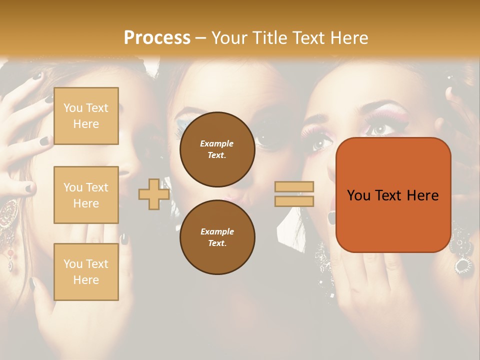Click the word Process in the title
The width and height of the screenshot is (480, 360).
tap(157, 37)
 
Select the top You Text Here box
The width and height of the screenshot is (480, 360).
tap(86, 116)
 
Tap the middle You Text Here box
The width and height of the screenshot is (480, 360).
tap(86, 195)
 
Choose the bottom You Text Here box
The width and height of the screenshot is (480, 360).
tap(86, 271)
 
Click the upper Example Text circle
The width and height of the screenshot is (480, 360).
tap(217, 149)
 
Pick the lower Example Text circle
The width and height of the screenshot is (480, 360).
tap(217, 237)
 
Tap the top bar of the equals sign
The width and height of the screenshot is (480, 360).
tap(294, 186)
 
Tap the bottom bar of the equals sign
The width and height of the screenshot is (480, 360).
tap(294, 201)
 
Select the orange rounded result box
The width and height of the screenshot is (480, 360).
tap(393, 195)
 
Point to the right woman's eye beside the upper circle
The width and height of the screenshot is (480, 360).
tap(318, 143)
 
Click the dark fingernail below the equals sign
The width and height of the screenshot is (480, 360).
tap(331, 217)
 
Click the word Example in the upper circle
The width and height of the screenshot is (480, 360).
tap(217, 143)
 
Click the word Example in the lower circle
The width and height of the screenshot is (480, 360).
tap(217, 231)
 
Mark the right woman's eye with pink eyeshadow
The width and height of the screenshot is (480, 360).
tap(379, 128)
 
